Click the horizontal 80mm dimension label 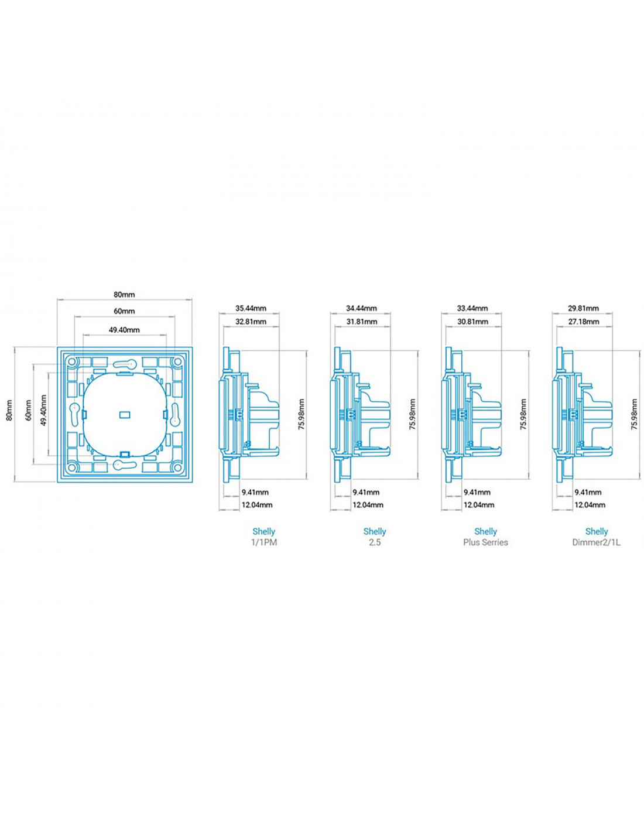click(x=124, y=295)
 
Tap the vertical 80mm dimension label click(x=9, y=410)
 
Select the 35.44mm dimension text click(x=251, y=308)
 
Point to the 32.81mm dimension click(x=251, y=321)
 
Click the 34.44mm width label click(x=361, y=308)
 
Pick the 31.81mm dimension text click(x=362, y=321)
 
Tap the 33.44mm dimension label click(x=472, y=308)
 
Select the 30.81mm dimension click(x=472, y=321)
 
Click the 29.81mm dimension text click(x=583, y=308)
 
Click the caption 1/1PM click(x=264, y=542)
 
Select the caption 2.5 click(x=375, y=542)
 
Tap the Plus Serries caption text click(x=485, y=542)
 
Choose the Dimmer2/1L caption click(x=596, y=542)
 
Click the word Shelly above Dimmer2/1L click(x=597, y=531)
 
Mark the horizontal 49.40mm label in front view click(x=124, y=330)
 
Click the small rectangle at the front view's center click(x=125, y=414)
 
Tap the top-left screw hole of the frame click(x=71, y=361)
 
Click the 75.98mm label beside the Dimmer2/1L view click(x=635, y=414)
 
